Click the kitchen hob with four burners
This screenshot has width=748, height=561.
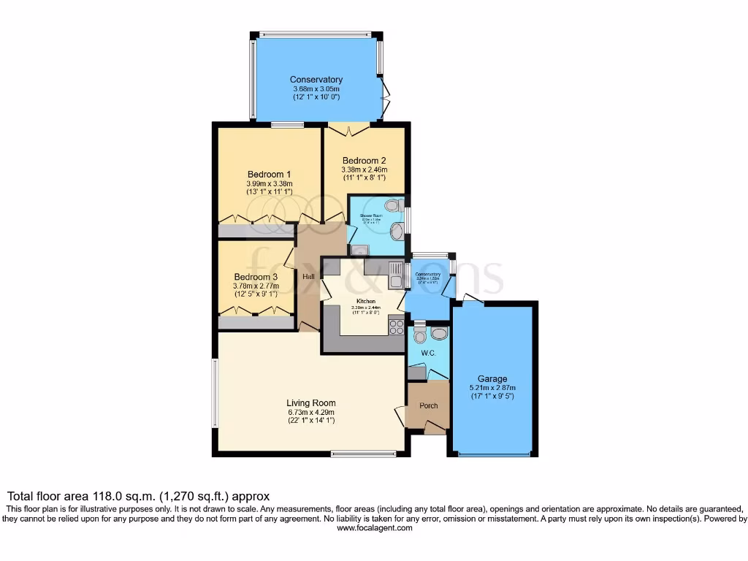[x=397, y=327]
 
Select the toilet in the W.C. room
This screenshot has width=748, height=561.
[x=419, y=335]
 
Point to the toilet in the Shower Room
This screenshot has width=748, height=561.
[x=394, y=207]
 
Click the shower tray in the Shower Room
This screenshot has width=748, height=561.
[x=358, y=250]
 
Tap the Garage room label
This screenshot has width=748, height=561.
[x=492, y=379]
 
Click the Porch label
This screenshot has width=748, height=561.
[x=428, y=406]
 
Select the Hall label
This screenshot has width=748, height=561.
[x=309, y=276]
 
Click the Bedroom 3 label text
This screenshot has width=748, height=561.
[x=256, y=277]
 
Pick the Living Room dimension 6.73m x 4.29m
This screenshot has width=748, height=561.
[x=311, y=413]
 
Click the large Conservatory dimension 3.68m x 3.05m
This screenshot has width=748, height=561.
[x=316, y=89]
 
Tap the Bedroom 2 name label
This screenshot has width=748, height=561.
[x=364, y=161]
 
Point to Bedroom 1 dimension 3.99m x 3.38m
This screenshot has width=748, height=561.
[x=269, y=183]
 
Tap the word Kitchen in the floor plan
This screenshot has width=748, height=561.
[x=365, y=301]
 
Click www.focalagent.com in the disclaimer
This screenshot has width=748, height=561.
[x=374, y=527]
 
